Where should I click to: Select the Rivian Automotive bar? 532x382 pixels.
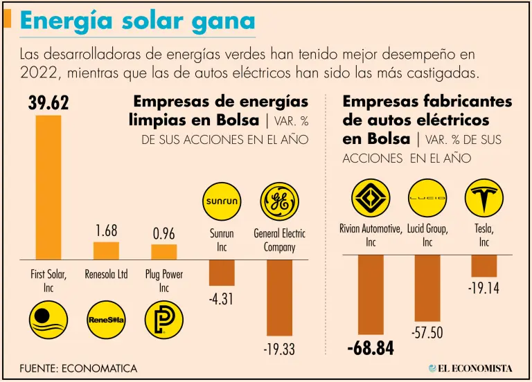pos(371,295)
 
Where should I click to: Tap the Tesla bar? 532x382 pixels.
pos(484,266)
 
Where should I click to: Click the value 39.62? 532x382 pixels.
pos(48,104)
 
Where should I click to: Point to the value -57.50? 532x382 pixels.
pos(427,333)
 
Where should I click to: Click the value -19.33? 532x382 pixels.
pos(279,350)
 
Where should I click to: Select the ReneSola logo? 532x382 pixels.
pos(106,320)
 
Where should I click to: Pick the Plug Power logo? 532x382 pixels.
pos(164,320)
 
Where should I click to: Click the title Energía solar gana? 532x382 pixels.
pos(138,21)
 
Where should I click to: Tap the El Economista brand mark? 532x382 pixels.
pos(470,368)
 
